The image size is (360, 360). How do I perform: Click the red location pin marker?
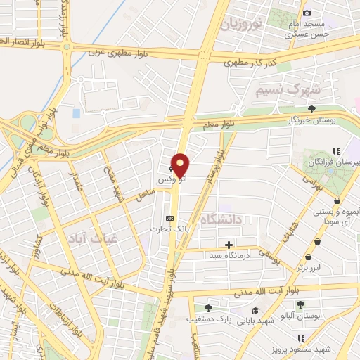click(x=181, y=165)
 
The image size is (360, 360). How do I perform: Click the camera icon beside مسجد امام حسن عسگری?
click(x=306, y=13)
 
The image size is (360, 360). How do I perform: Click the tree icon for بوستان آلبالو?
click(x=300, y=304)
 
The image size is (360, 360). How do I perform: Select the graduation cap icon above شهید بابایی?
click(x=255, y=311)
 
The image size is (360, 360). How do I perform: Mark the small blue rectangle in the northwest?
click(x=76, y=112)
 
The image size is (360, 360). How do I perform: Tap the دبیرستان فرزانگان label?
click(x=337, y=162)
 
